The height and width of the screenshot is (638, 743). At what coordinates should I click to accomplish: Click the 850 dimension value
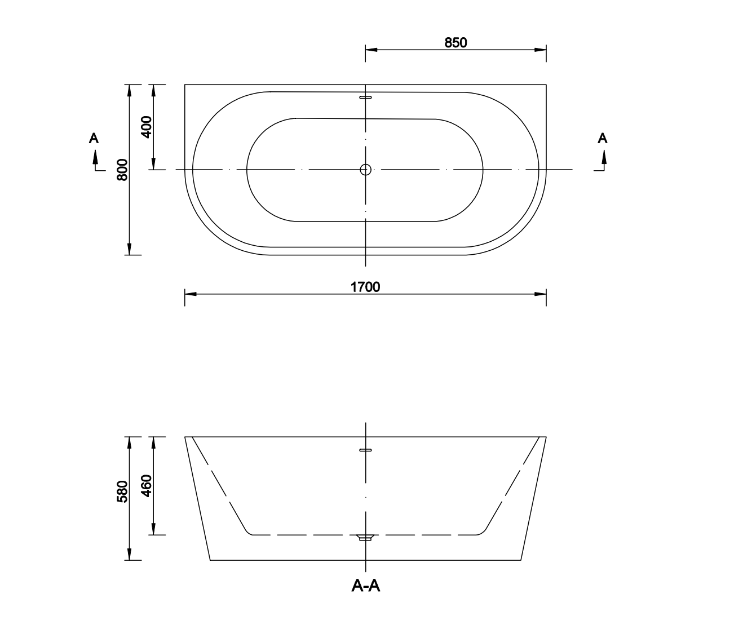pos(455,42)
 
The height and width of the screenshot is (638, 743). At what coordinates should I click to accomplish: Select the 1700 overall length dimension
pos(365,287)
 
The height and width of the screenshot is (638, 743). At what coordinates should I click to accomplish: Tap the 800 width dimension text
pos(122,170)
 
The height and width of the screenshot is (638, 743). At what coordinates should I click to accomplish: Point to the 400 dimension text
pos(146,127)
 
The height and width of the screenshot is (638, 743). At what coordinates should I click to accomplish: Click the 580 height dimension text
pos(122,491)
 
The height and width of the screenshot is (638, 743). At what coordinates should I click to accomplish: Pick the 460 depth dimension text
pos(146,485)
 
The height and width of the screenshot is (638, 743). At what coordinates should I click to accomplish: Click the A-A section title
pos(366,586)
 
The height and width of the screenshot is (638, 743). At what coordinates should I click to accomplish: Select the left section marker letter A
pos(94,138)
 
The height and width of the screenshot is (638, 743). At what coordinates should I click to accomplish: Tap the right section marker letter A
pos(603,138)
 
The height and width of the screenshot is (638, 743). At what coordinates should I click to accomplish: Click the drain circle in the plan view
pos(366,169)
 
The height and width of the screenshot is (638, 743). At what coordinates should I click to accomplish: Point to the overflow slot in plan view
pos(366,97)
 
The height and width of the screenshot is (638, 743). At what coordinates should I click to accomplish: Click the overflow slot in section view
pos(366,450)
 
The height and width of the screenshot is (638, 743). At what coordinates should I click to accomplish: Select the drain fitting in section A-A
pos(366,538)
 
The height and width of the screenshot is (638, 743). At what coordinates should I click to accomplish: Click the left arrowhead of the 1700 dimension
pos(191,294)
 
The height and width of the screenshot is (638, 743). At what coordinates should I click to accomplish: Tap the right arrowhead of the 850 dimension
pos(541,50)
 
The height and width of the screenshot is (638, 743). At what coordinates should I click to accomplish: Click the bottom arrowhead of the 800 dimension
pos(130,249)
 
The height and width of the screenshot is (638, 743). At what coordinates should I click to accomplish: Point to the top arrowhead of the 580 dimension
pos(130,442)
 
